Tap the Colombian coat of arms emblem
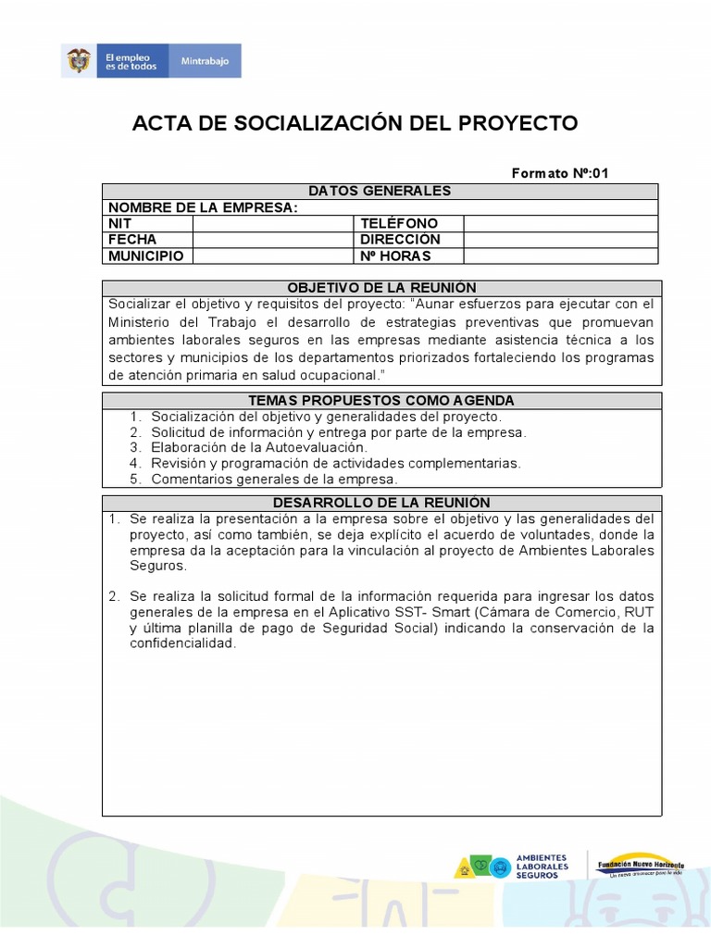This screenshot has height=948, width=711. (78, 61)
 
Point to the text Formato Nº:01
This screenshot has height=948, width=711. (560, 173)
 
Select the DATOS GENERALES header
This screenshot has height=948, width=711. (380, 191)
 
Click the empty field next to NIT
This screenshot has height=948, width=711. (273, 223)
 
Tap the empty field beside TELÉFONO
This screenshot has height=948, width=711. (560, 223)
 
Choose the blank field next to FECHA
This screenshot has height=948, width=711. (273, 240)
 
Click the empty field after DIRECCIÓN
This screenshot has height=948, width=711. (560, 240)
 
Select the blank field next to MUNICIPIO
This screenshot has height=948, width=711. (273, 256)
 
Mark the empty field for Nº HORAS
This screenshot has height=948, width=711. (560, 256)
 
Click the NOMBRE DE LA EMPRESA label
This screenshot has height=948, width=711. (203, 207)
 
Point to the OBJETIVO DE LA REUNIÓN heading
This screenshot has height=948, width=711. (381, 288)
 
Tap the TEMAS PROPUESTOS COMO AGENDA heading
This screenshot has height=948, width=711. (381, 400)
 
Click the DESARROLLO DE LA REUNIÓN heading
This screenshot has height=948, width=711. (381, 503)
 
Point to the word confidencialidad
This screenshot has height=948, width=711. (182, 643)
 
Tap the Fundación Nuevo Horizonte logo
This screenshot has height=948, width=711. (640, 865)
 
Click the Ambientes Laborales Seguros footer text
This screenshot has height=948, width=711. (542, 867)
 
